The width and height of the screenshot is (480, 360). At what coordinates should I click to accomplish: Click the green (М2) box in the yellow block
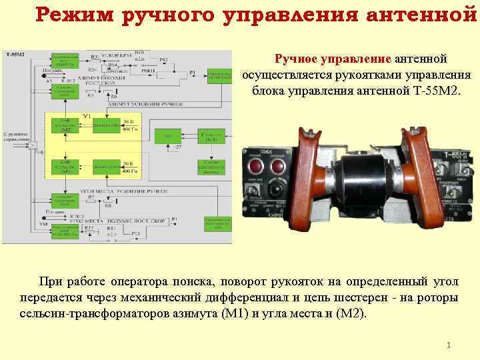(x=65, y=126)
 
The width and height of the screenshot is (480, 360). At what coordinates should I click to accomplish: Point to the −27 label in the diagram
(x=177, y=146)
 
